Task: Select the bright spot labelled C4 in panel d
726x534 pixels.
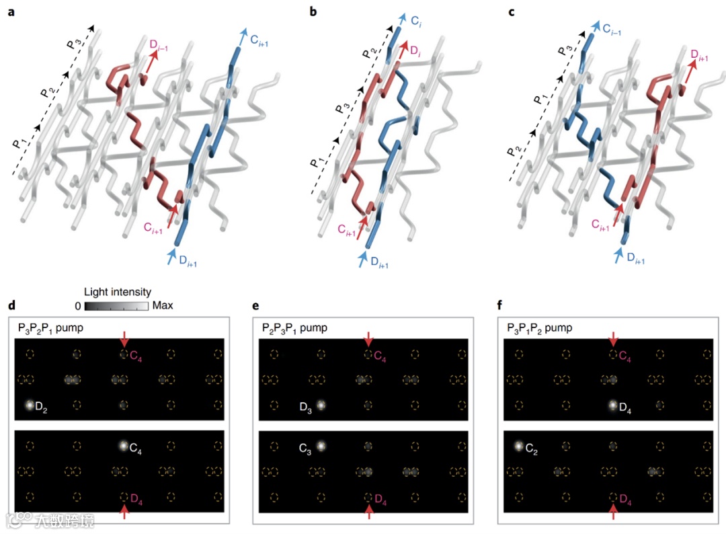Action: pyautogui.click(x=123, y=445)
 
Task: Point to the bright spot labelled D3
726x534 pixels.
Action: pyautogui.click(x=321, y=405)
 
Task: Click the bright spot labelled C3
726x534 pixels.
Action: pyautogui.click(x=321, y=445)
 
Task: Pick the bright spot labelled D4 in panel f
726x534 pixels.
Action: pyautogui.click(x=612, y=405)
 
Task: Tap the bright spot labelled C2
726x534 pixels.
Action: pyautogui.click(x=518, y=445)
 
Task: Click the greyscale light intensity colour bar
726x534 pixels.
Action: pyautogui.click(x=116, y=305)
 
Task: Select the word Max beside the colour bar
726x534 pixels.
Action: pyautogui.click(x=163, y=305)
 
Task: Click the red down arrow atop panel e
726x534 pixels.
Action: pyautogui.click(x=367, y=338)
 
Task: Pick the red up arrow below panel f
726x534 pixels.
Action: pyautogui.click(x=612, y=512)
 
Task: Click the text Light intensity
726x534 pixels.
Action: pyautogui.click(x=118, y=292)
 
